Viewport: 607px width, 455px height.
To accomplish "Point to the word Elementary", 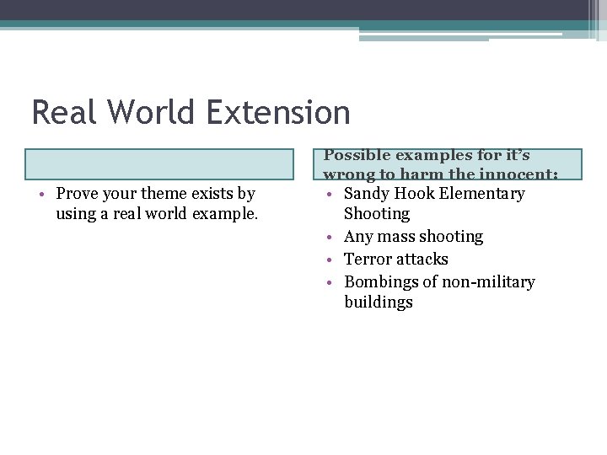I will (x=482, y=194).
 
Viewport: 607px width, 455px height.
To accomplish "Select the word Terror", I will (x=368, y=260).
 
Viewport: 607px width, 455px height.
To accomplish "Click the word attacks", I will (x=422, y=260).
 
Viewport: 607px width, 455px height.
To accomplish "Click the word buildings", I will (x=379, y=302).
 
